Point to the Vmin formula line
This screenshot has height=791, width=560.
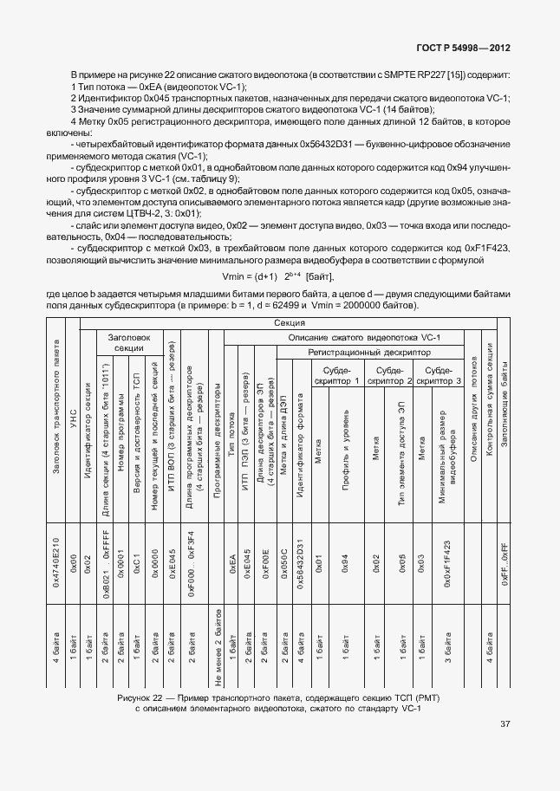coord(278,276)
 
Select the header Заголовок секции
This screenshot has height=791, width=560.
coord(128,341)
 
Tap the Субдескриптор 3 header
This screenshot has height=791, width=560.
coord(440,374)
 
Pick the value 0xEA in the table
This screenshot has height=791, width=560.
coord(231,569)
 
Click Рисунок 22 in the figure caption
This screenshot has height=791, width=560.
coord(144,697)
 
